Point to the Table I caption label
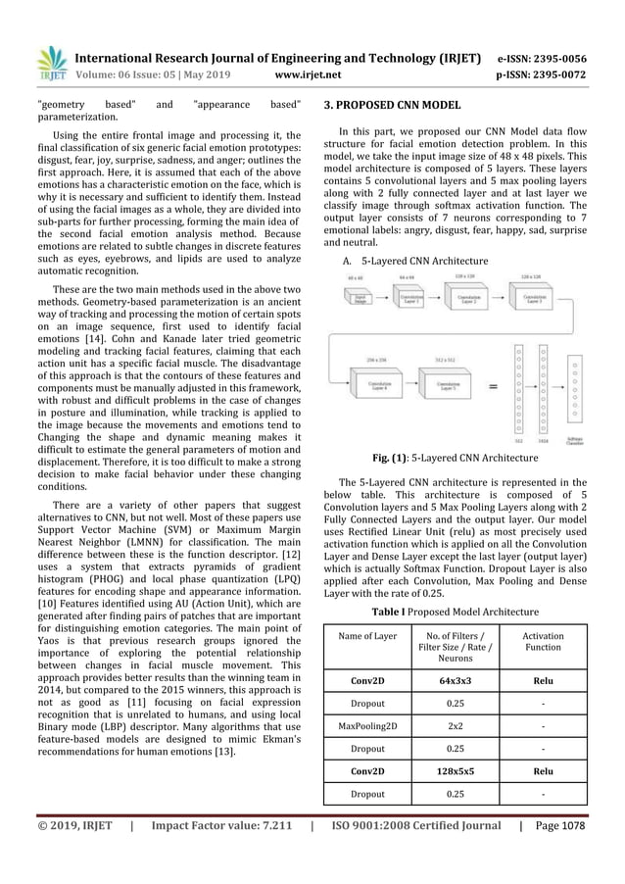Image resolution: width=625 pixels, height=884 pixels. tap(402, 613)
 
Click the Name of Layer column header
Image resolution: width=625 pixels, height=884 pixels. tap(367, 636)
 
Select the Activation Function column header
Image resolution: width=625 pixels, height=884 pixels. tap(543, 642)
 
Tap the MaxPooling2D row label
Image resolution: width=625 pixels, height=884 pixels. tap(367, 726)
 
